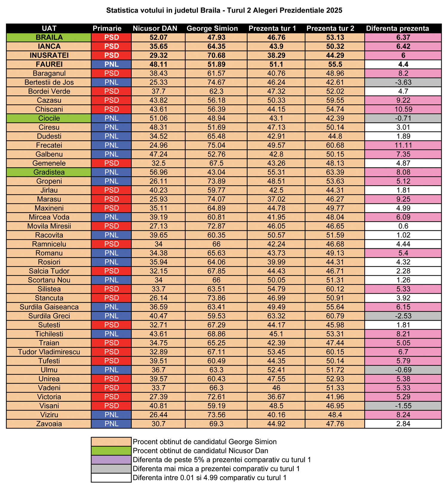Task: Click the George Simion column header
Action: (x=212, y=28)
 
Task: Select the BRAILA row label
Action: (x=49, y=37)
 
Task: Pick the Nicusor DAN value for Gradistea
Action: (x=158, y=172)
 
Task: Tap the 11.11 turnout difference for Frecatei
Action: (x=403, y=145)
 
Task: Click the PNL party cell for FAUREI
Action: (x=111, y=65)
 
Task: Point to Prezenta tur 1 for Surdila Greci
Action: (x=276, y=316)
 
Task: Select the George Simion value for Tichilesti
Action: (x=216, y=334)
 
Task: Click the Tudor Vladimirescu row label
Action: (x=49, y=352)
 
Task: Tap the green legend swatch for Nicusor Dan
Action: (x=111, y=451)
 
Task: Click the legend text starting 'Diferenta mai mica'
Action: (x=216, y=469)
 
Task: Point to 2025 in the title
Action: (x=334, y=10)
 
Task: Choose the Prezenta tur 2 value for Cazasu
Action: (x=335, y=100)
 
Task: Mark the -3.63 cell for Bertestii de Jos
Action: (x=403, y=82)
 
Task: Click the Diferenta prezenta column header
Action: (x=397, y=28)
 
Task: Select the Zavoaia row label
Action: (x=49, y=424)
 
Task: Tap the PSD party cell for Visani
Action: (x=111, y=406)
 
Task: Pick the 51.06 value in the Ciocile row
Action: (x=158, y=118)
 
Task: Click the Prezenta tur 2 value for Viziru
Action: (x=335, y=415)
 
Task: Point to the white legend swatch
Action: (x=111, y=477)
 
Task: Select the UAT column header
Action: (x=49, y=28)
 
